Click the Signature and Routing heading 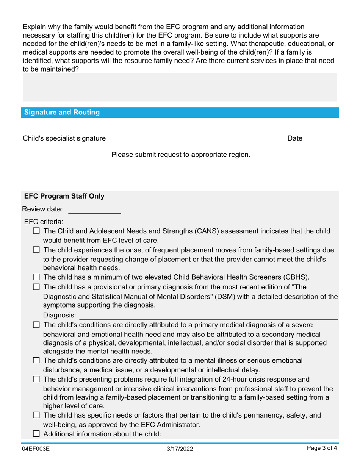62,113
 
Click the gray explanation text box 180,88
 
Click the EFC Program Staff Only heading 64,196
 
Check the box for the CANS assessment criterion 36,231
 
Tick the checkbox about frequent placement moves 36,250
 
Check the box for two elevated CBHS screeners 36,277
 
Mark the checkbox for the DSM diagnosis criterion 36,286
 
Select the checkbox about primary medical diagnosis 36,325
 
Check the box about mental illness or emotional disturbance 36,360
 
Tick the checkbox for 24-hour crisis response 36,379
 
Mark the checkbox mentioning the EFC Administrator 36,415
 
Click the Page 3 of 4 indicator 322,449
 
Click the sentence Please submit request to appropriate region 181,155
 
